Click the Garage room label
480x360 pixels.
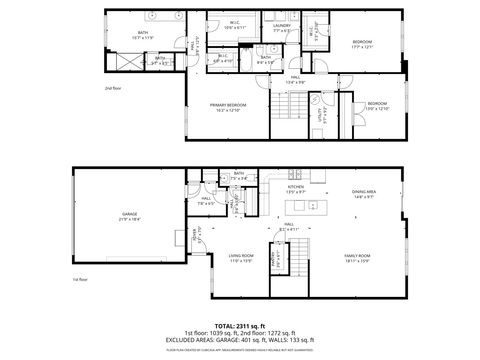(x=129, y=216)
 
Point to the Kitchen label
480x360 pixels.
(x=295, y=189)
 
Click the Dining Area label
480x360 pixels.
(x=363, y=193)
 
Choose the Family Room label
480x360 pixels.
(x=358, y=259)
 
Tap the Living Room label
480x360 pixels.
(x=240, y=258)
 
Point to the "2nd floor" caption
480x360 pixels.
(x=112, y=88)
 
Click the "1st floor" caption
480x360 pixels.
(x=81, y=279)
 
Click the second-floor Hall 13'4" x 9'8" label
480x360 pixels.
(x=296, y=79)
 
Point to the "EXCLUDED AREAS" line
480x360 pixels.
(x=239, y=340)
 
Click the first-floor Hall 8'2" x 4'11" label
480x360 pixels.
(x=289, y=227)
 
